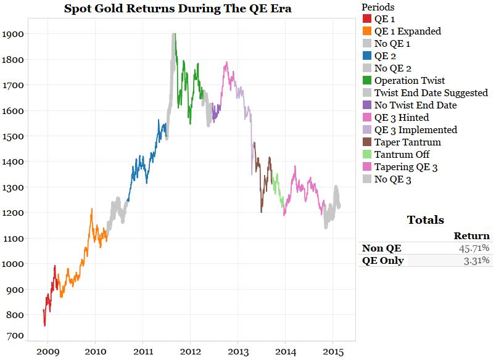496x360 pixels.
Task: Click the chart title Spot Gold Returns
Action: [x=178, y=9]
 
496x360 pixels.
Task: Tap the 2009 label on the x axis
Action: [x=48, y=351]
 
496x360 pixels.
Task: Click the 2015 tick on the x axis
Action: [x=332, y=351]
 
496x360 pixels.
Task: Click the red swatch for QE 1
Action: [x=367, y=19]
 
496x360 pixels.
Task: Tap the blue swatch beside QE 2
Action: [x=367, y=56]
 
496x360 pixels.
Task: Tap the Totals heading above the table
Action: [x=425, y=220]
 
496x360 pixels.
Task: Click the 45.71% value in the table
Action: [x=473, y=248]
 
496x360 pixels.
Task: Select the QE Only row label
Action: [x=383, y=261]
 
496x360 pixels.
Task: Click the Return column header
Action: [x=471, y=235]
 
